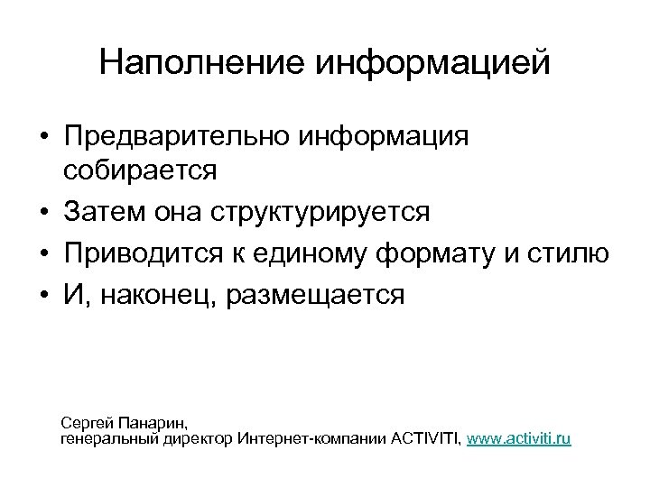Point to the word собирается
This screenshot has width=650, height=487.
141,171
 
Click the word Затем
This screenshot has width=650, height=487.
102,213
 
